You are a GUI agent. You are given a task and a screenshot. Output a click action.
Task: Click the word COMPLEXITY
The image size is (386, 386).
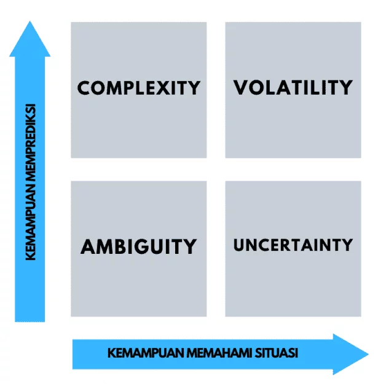point(139,87)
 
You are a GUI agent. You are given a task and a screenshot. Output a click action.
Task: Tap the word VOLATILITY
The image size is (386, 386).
point(293,87)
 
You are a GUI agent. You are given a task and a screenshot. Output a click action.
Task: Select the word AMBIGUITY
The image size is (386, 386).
point(139,246)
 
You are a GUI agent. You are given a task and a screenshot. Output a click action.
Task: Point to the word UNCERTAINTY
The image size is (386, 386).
point(293,244)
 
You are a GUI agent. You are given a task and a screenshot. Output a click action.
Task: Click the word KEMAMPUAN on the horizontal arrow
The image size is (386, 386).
point(138,353)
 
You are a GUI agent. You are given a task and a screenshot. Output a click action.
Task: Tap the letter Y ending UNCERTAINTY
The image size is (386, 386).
point(347,244)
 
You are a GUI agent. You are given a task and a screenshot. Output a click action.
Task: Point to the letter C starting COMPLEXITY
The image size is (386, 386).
point(84,87)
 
